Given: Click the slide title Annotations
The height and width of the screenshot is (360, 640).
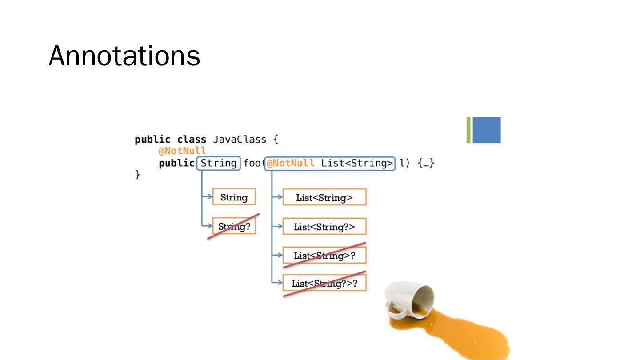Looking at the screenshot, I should coord(124,56).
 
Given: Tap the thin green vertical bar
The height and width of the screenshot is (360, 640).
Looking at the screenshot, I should coord(468,130).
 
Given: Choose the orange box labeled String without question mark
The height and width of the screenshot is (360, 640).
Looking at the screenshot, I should coord(234,197).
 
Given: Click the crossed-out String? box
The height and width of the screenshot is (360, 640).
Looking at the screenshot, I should coord(234,227).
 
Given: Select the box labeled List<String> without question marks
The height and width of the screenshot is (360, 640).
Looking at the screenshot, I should coord(324,198).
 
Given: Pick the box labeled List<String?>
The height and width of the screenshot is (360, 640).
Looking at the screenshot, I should coord(324,227).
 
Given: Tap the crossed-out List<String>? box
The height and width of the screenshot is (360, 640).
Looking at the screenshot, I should coord(324,256).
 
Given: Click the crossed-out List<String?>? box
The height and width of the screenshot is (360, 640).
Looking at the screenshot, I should coord(324,283).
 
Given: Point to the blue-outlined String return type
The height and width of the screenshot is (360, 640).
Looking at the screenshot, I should coord(218,163).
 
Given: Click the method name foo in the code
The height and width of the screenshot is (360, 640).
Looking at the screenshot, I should coord(252,163).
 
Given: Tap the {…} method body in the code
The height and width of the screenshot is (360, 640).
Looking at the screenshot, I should coord(426,163).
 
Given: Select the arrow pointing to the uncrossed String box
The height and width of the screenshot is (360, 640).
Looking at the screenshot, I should coord(207,197).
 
